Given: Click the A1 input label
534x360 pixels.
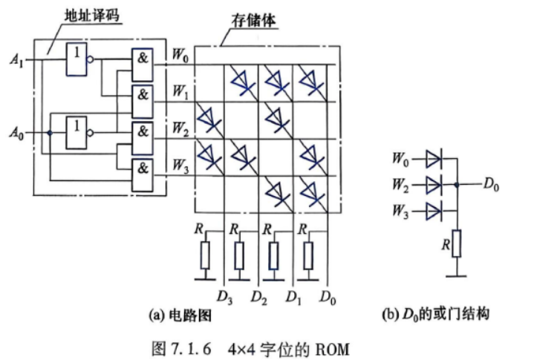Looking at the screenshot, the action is coord(16,61).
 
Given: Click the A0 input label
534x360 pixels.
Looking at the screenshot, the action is coord(16,133).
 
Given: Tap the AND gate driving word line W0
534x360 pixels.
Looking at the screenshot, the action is coord(143,65).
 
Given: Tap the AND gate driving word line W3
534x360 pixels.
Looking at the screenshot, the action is coord(143,175).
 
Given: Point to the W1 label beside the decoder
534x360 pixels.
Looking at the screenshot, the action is coord(180,92).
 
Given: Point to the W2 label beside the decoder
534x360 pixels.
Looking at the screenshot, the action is coord(180,128).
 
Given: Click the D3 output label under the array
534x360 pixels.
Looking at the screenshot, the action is coord(225,298).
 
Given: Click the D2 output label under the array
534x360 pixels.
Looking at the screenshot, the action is coord(258,298).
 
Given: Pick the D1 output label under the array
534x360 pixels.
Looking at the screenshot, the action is coord(293,298).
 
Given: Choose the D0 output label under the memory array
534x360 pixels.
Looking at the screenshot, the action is coord(328,298).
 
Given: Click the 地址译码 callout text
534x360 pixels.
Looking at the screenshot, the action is coord(92,16).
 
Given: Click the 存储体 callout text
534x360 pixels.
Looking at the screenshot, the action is coord(253,21).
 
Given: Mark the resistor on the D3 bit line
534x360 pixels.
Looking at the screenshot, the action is coord(205,255).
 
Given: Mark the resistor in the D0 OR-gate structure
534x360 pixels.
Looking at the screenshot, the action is coord(456,243).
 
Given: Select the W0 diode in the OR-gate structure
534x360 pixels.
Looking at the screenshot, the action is coord(434,160).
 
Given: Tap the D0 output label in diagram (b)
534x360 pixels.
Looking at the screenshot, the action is coord(491,185).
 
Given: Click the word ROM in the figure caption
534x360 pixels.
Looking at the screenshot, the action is coord(333,349).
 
